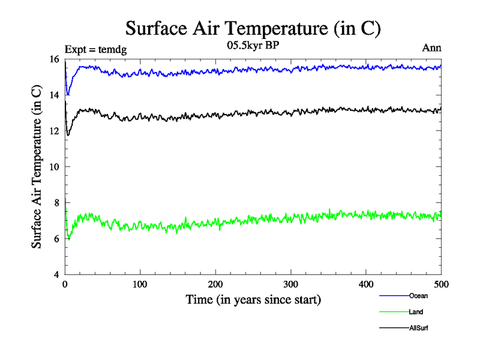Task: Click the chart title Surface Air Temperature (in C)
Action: [253, 28]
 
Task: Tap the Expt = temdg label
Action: [95, 49]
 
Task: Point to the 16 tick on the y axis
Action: [54, 59]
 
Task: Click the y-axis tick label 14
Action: [54, 95]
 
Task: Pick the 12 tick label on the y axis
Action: [54, 131]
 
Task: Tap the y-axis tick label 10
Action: [54, 167]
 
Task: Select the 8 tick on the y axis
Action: [56, 203]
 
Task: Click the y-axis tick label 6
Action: [56, 239]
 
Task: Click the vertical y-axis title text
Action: [37, 167]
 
